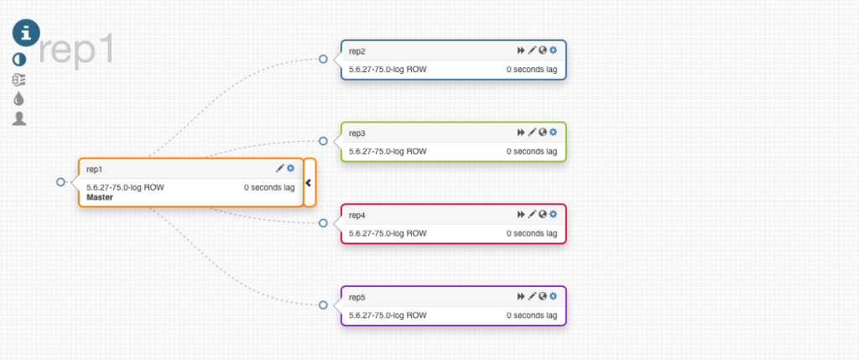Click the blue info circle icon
click(26, 32)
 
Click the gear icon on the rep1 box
click(290, 169)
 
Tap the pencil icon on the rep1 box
click(280, 169)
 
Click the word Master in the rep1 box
click(100, 198)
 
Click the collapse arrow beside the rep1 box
click(309, 182)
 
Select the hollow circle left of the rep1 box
click(60, 182)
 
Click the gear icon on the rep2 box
click(553, 50)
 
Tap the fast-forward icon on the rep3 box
click(521, 132)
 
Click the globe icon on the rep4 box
click(543, 214)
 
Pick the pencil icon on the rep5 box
click(532, 296)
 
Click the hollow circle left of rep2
click(323, 59)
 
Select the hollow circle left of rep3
click(323, 141)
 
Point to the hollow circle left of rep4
click(323, 223)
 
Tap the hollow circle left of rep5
click(323, 305)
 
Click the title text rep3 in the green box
click(357, 133)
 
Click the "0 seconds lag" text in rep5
click(532, 316)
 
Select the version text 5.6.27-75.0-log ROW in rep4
click(388, 233)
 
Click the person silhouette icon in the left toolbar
click(19, 118)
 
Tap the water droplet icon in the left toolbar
click(19, 99)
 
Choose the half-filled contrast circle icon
click(19, 60)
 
